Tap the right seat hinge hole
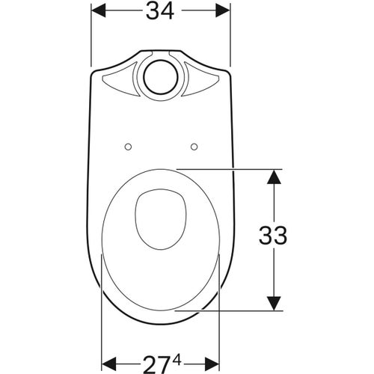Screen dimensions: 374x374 click(x=194, y=146)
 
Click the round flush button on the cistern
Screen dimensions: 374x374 click(x=160, y=76)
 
